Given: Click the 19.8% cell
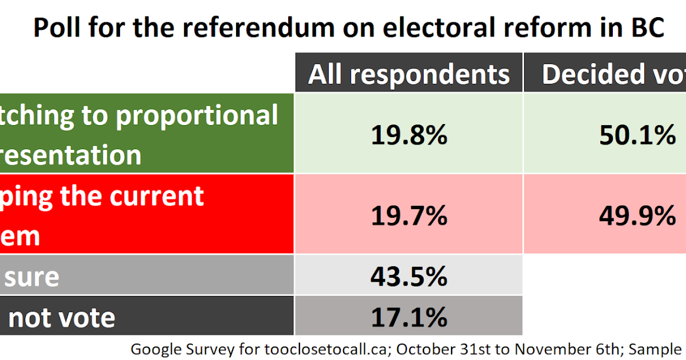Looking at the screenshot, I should pyautogui.click(x=408, y=135).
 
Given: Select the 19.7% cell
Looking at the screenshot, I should pyautogui.click(x=408, y=215).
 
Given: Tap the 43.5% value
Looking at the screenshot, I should pyautogui.click(x=408, y=276).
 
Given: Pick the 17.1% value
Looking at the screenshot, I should pyautogui.click(x=408, y=316).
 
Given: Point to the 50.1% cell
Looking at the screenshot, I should pyautogui.click(x=637, y=135).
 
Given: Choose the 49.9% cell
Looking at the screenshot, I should pyautogui.click(x=637, y=215).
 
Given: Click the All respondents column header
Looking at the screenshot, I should pyautogui.click(x=408, y=74).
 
